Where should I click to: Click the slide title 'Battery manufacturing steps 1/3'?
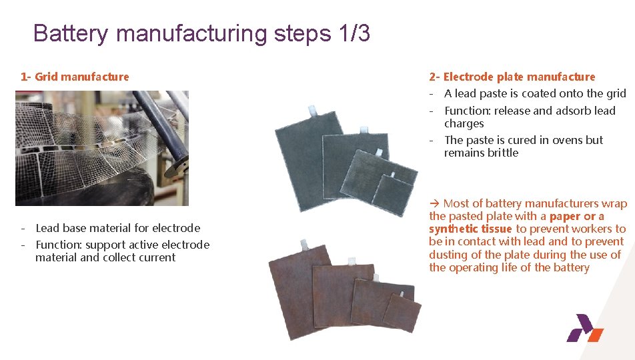[x=201, y=33]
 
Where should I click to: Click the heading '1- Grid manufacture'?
[x=75, y=77]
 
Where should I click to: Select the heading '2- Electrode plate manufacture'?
[x=512, y=77]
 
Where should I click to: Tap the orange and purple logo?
[x=584, y=329]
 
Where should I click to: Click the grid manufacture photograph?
[x=102, y=148]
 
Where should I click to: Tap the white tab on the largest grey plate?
[x=311, y=110]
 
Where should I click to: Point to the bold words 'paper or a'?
[x=576, y=216]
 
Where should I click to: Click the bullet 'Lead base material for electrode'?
[x=117, y=228]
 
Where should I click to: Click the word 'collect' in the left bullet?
[x=121, y=257]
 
